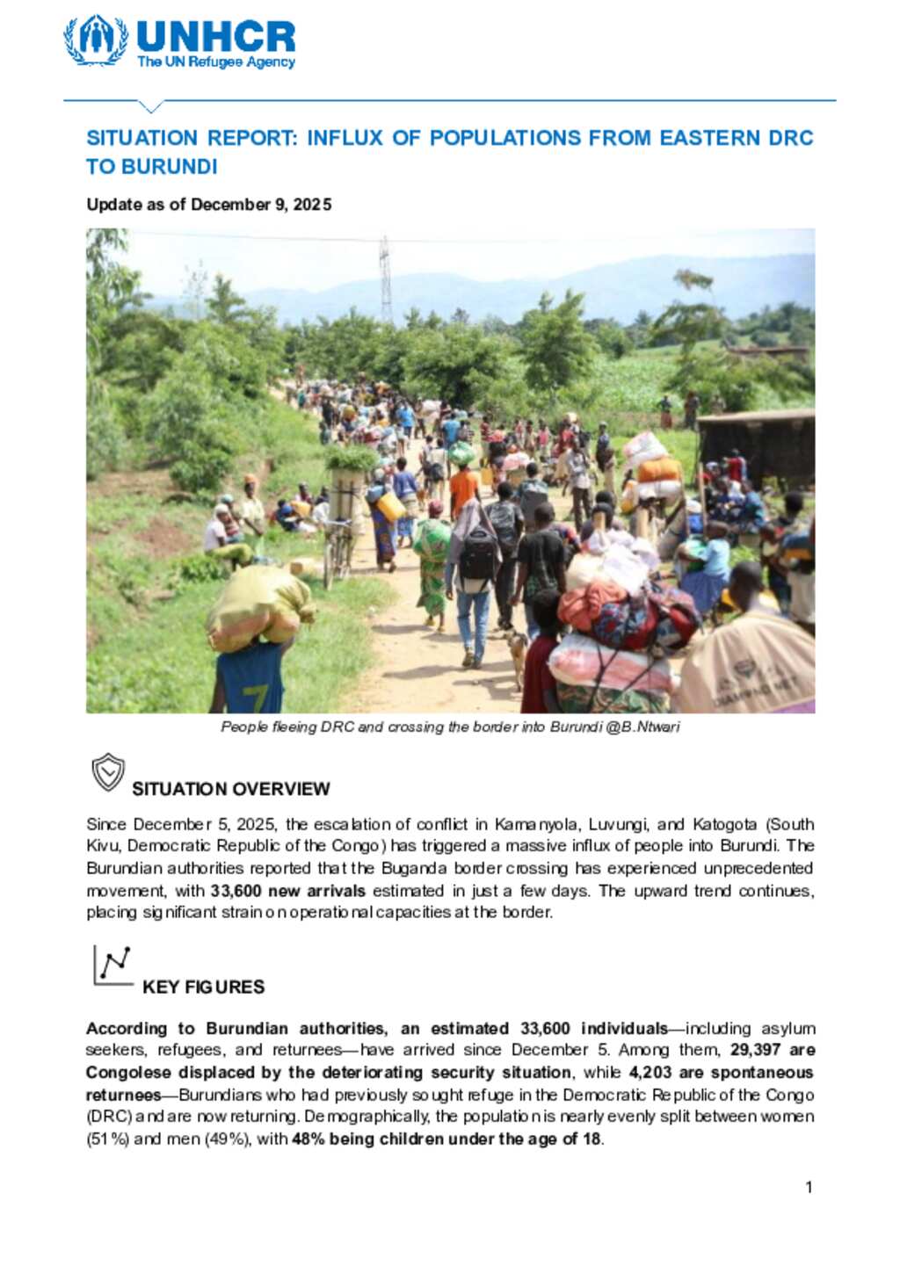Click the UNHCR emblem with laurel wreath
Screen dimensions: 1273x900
pyautogui.click(x=97, y=40)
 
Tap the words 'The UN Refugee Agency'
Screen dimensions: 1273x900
pyautogui.click(x=216, y=62)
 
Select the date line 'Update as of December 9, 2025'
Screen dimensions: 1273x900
pyautogui.click(x=209, y=205)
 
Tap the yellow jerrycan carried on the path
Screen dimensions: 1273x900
pyautogui.click(x=391, y=506)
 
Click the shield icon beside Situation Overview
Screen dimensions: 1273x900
pyautogui.click(x=108, y=772)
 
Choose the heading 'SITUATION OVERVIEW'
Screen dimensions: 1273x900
pyautogui.click(x=231, y=789)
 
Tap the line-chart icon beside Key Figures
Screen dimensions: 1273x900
pyautogui.click(x=112, y=966)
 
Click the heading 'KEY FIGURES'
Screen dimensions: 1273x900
pyautogui.click(x=203, y=987)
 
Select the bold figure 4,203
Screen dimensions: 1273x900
pyautogui.click(x=650, y=1073)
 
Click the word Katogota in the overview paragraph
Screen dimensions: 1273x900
pyautogui.click(x=724, y=825)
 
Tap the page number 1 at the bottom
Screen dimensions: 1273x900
pyautogui.click(x=809, y=1188)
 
